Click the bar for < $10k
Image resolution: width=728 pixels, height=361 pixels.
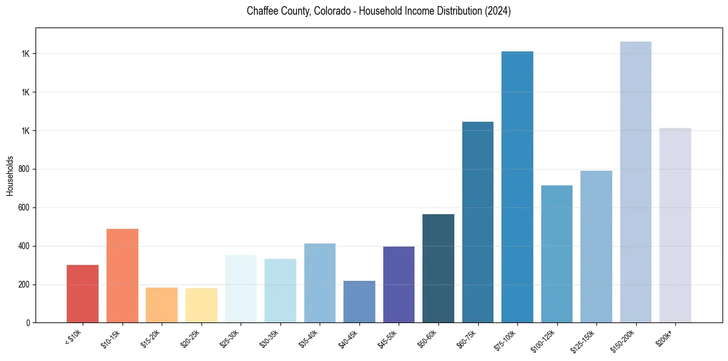83,294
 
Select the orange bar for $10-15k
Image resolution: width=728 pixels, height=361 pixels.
122,275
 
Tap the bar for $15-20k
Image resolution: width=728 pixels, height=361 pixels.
162,305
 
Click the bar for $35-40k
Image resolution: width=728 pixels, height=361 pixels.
320,283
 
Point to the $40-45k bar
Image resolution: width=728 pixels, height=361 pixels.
359,302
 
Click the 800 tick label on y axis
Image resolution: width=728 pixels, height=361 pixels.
24,169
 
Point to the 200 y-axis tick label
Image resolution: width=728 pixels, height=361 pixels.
24,285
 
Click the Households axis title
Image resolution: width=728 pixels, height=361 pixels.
10,176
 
